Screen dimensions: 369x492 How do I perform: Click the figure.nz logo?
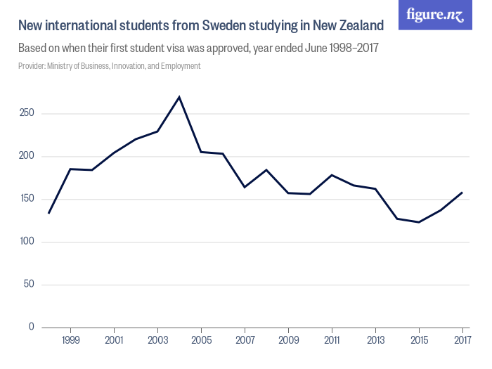[435, 15]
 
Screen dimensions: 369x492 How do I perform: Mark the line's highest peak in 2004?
[179, 97]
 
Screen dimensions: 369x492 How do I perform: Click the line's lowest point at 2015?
[419, 222]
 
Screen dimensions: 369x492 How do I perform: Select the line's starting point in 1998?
[48, 213]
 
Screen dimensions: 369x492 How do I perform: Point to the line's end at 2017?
[462, 192]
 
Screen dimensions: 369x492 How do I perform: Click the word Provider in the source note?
[32, 66]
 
